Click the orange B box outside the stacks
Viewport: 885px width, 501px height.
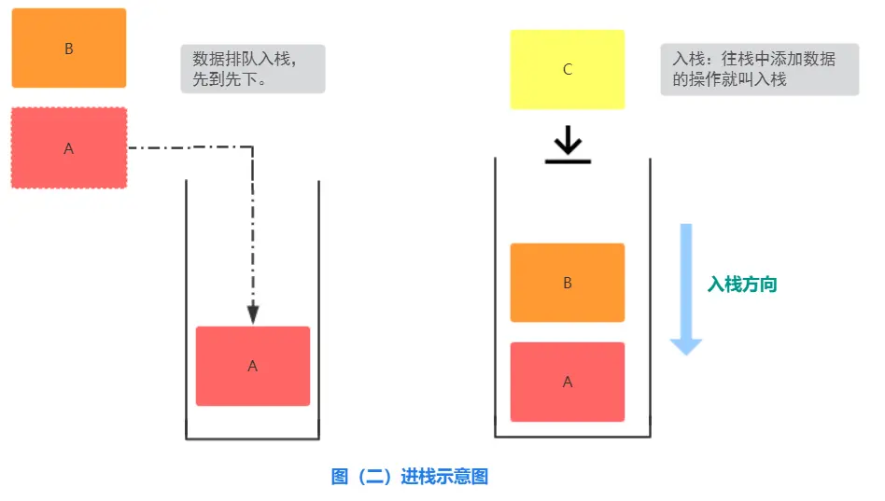(68, 49)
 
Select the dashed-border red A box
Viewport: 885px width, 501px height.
(68, 147)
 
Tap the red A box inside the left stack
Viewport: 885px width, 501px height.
(252, 366)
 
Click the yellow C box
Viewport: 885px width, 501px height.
(567, 69)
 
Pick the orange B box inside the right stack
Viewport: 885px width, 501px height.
(567, 283)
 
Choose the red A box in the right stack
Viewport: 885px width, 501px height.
(567, 382)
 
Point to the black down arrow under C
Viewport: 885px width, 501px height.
(568, 142)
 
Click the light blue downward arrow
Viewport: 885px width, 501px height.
(686, 289)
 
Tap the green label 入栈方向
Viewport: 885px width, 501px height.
(742, 285)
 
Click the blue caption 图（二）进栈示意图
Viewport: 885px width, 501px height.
(410, 477)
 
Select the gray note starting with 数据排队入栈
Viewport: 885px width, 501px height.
(252, 69)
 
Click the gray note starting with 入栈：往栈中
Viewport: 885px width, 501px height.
(759, 69)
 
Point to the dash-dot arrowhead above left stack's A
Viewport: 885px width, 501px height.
(252, 314)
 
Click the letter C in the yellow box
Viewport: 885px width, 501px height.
(568, 70)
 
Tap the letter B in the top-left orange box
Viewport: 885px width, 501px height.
(68, 49)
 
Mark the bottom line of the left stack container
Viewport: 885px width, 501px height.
(252, 438)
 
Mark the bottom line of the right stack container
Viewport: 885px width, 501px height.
(571, 437)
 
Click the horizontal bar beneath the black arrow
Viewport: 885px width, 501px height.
(568, 161)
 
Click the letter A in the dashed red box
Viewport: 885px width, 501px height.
(68, 148)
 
